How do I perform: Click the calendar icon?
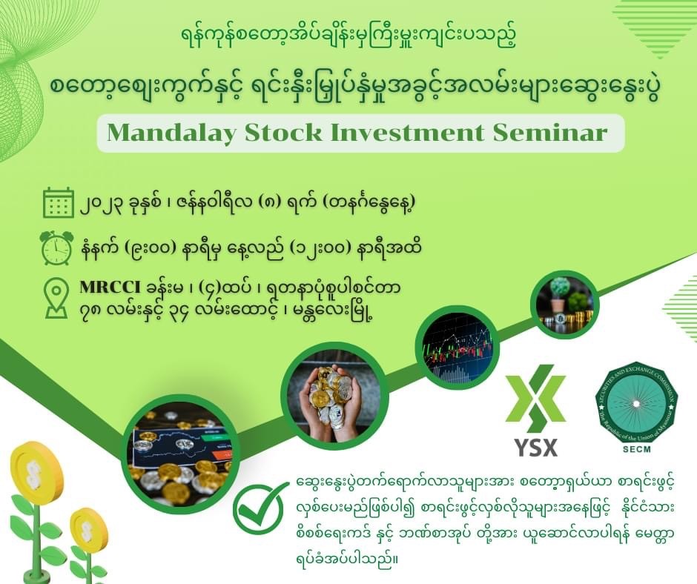59,202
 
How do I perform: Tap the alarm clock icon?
56,247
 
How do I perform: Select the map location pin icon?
56,301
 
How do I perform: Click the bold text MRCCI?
109,288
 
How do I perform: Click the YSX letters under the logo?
536,447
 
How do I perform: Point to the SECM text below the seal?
637,450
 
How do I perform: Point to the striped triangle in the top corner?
656,27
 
